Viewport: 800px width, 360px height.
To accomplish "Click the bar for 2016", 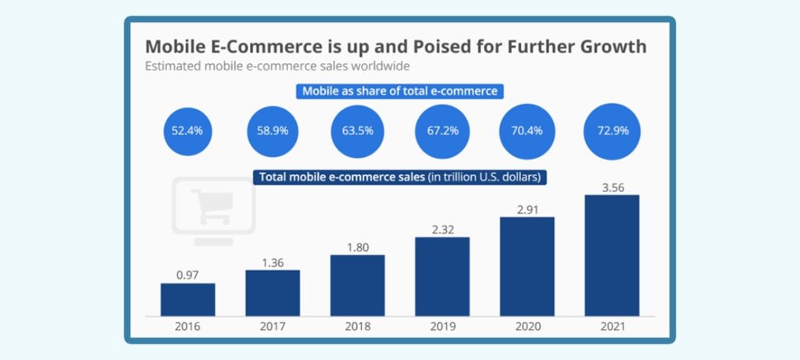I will [187, 299].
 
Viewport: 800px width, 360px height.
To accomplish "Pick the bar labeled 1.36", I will [273, 292].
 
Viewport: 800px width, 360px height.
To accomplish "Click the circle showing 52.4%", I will [187, 130].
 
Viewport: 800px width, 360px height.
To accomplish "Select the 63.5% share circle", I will [357, 130].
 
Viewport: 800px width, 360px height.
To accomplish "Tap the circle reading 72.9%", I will [612, 130].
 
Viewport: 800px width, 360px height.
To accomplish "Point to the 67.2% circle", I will [442, 130].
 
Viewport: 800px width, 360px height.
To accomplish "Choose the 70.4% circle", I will [527, 130].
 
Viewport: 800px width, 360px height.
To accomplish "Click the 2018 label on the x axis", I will [357, 327].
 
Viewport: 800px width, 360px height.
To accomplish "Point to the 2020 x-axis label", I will [527, 327].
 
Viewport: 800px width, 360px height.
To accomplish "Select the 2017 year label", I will [273, 327].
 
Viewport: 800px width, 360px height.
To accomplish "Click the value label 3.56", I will [612, 185].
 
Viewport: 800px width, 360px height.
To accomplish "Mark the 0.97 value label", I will [187, 273].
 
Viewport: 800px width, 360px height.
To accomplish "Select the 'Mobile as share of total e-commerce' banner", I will [400, 91].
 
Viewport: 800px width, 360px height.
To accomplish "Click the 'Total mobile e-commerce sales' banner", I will [399, 177].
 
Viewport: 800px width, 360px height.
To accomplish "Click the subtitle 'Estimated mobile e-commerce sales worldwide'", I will [277, 66].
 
